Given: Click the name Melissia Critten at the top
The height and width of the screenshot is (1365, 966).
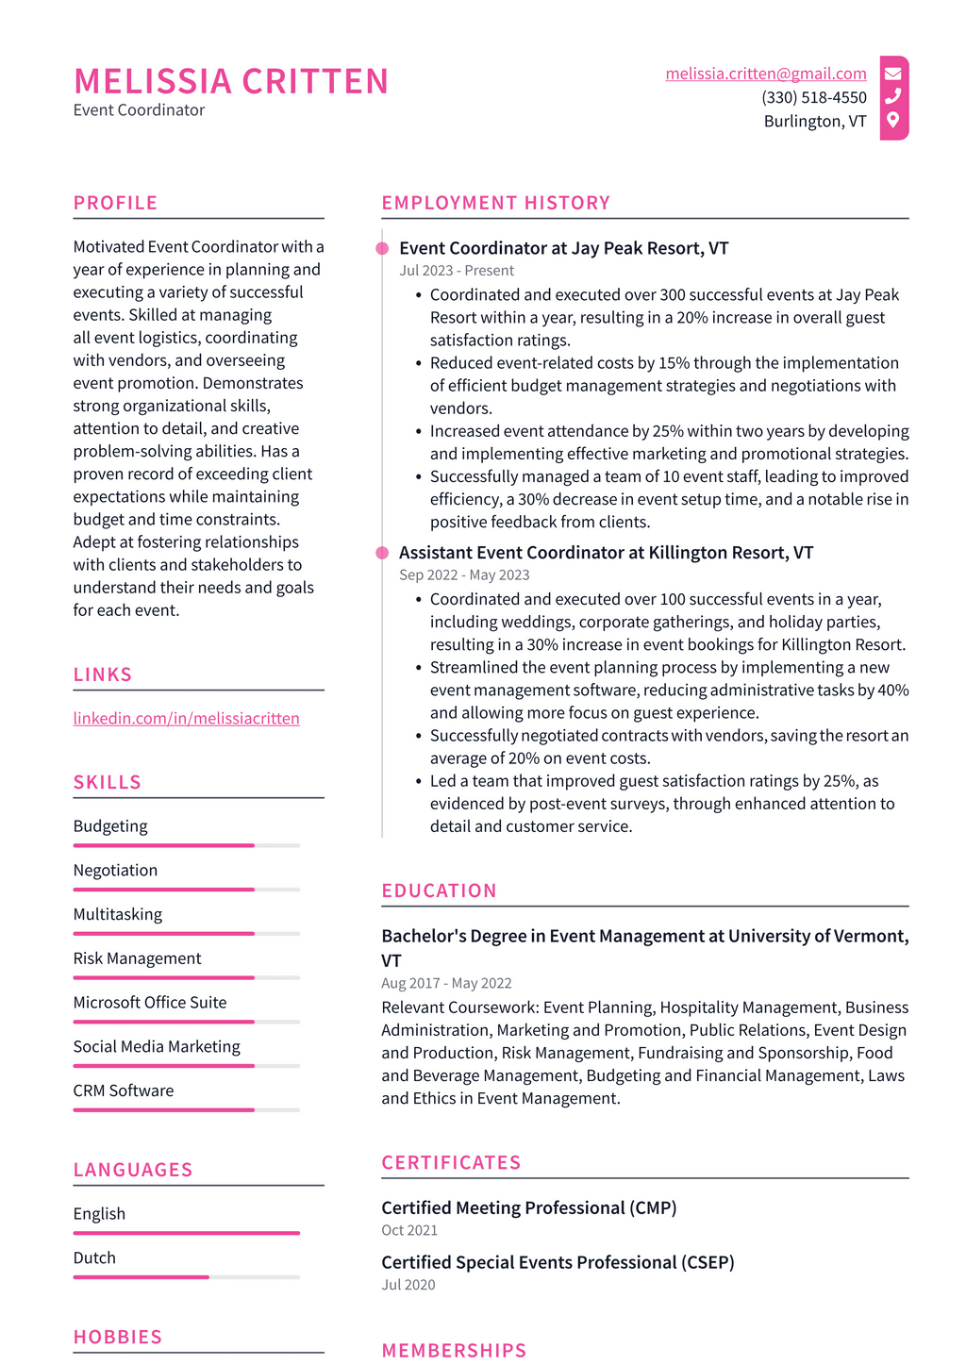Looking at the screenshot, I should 230,81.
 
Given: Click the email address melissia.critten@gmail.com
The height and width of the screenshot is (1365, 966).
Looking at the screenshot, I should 765,74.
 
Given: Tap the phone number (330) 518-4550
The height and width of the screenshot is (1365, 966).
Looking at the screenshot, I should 813,97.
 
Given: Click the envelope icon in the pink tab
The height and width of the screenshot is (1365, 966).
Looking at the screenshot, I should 892,74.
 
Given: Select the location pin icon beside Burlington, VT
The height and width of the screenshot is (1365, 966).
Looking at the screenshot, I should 892,120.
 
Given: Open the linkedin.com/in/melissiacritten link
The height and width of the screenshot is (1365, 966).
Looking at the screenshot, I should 186,718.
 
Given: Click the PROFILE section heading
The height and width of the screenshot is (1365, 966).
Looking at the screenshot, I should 115,203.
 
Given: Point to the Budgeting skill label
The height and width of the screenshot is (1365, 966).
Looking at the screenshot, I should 110,825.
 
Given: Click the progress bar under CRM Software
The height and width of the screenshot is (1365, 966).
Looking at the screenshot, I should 186,1110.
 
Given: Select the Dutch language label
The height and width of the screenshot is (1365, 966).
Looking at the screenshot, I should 94,1257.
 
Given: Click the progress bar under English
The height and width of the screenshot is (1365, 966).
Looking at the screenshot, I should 186,1233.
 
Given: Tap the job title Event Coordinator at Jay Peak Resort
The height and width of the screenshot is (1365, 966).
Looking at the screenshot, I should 563,248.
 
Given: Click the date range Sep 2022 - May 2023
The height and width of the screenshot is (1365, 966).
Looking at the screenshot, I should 464,574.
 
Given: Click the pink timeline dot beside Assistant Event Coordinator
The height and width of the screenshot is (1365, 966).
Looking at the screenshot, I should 382,553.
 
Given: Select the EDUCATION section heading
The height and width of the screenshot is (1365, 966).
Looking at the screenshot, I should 439,891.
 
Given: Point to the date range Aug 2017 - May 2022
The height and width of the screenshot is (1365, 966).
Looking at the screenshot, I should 446,983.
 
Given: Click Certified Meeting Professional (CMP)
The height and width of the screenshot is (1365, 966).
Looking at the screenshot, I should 528,1207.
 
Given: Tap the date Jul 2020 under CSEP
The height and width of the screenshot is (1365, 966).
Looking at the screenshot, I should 408,1285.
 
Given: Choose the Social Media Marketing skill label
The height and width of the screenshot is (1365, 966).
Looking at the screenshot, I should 157,1046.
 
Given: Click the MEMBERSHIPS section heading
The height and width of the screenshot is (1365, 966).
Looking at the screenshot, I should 454,1350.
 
